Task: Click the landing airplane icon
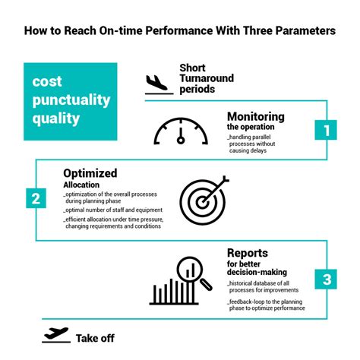pos(156,81)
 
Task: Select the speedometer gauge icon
pos(181,131)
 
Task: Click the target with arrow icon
pos(204,195)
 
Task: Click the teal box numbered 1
pos(327,131)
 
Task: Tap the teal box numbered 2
pos(35,199)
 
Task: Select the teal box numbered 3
pos(327,279)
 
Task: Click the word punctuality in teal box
pos(71,100)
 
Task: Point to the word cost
pos(46,83)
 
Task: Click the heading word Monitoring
pos(255,117)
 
